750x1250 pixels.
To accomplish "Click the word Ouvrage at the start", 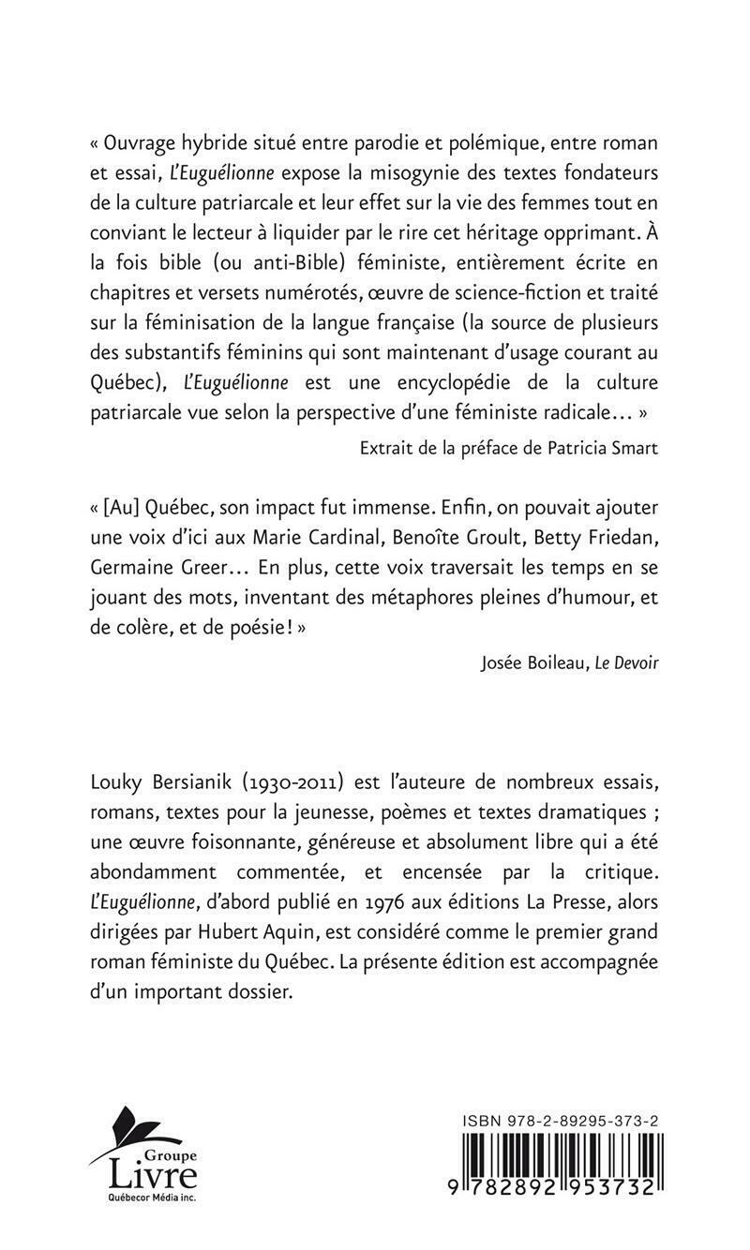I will (139, 145).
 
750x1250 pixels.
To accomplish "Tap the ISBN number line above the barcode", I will (561, 1121).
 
